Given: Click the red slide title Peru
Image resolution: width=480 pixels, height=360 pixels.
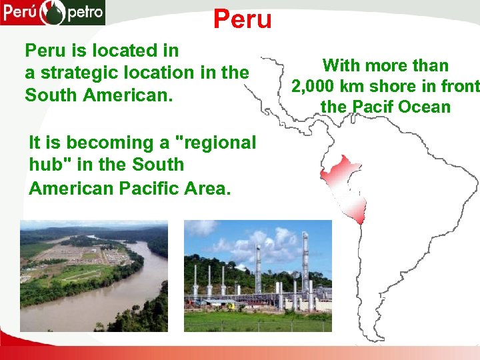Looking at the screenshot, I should pyautogui.click(x=243, y=19).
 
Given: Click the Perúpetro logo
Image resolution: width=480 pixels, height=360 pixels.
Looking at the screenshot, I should pyautogui.click(x=53, y=13).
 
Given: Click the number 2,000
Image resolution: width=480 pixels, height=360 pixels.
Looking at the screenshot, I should pyautogui.click(x=313, y=86).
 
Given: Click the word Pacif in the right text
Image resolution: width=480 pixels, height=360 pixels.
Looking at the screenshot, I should pyautogui.click(x=371, y=107).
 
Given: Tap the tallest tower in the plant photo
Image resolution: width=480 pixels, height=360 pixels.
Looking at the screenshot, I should pyautogui.click(x=305, y=267).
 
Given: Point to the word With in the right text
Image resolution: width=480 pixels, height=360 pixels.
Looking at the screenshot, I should pyautogui.click(x=342, y=65).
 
